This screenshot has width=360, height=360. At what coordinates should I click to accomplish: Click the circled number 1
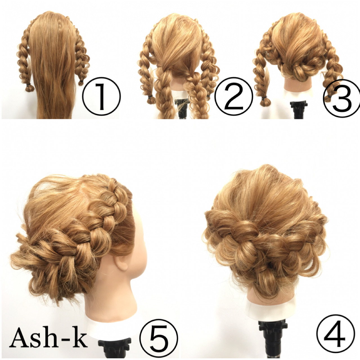(x=102, y=96)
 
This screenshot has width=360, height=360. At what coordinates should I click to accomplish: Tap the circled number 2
(x=233, y=96)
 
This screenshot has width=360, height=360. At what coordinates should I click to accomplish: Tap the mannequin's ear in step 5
(x=121, y=263)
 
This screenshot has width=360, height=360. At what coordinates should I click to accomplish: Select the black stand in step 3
(x=299, y=110)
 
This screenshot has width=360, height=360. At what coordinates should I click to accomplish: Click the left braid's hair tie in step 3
(x=264, y=98)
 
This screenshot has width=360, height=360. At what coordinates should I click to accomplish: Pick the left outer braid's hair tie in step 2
(x=150, y=97)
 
